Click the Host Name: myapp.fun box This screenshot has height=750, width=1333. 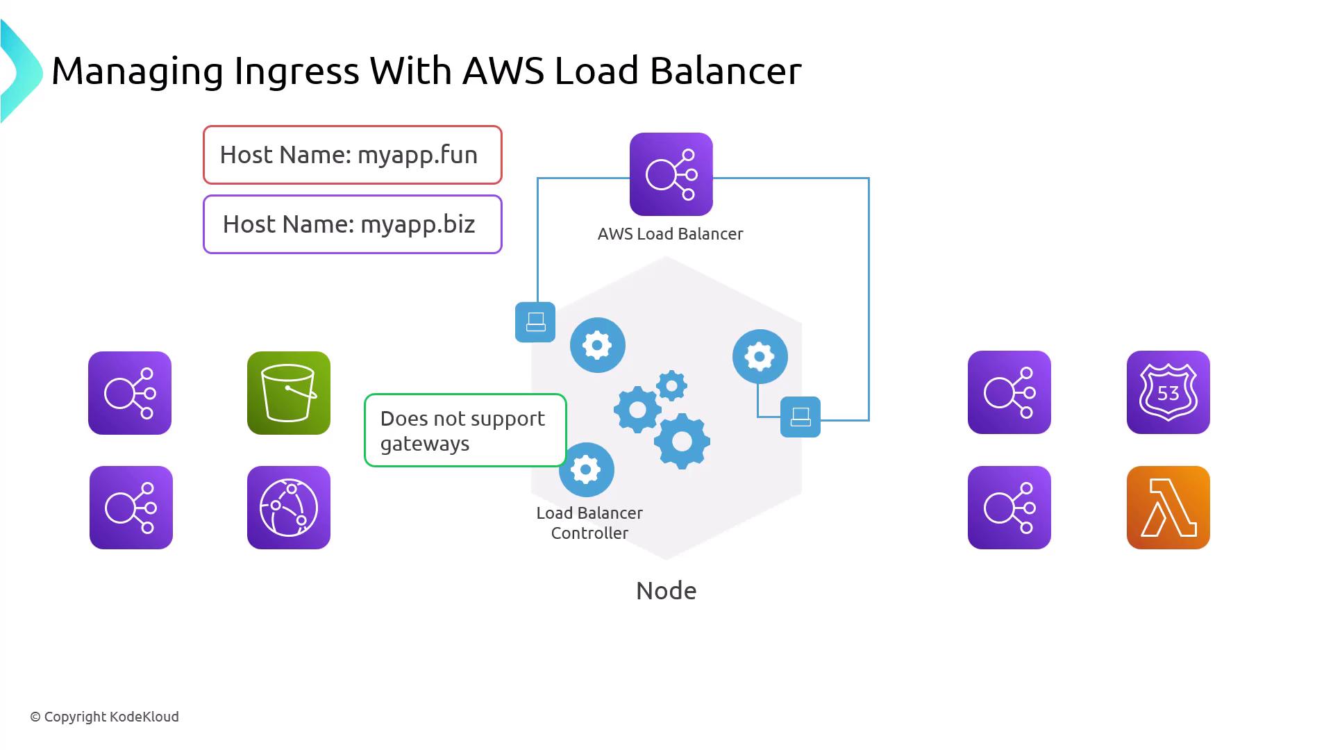(x=352, y=155)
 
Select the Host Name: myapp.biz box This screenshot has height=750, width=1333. (x=352, y=224)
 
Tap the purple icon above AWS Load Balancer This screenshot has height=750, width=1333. (x=671, y=174)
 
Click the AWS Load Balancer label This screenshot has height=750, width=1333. (x=670, y=234)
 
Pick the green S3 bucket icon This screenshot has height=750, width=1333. (x=289, y=393)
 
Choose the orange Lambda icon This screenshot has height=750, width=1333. (x=1168, y=508)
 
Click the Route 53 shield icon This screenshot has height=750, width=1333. (x=1168, y=392)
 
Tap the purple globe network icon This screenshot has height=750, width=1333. (x=289, y=508)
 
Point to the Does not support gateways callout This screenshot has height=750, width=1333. (x=465, y=431)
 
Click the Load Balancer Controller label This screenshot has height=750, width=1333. (x=589, y=523)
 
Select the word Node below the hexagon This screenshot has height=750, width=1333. (x=666, y=591)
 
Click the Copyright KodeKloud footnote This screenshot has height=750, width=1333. (x=104, y=717)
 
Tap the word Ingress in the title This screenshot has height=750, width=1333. (x=296, y=71)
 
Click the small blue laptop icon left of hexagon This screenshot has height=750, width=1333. (x=535, y=322)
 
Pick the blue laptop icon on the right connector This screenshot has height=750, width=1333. (x=800, y=417)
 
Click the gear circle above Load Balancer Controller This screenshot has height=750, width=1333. (x=586, y=470)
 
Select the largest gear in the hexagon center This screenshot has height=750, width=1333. (x=682, y=442)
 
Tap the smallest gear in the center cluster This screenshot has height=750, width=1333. (x=671, y=385)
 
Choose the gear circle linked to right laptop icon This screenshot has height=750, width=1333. (x=760, y=357)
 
